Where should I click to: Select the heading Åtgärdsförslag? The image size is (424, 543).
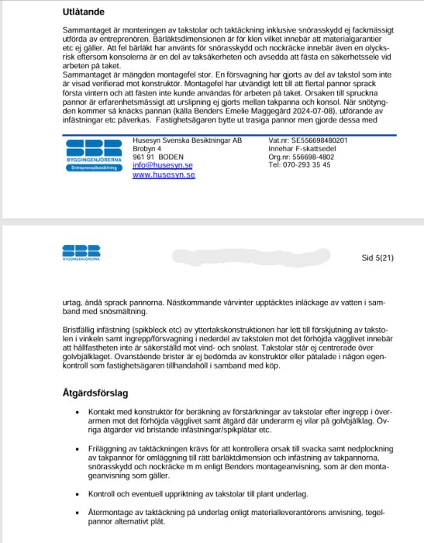[x=97, y=393]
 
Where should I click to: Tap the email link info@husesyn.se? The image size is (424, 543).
[x=163, y=166]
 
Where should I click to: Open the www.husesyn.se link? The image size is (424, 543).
[x=164, y=176]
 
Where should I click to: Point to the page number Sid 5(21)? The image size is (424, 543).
[x=377, y=256]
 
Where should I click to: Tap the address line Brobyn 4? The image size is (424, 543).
[x=147, y=148]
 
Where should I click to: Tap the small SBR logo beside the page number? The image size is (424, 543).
[x=80, y=251]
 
